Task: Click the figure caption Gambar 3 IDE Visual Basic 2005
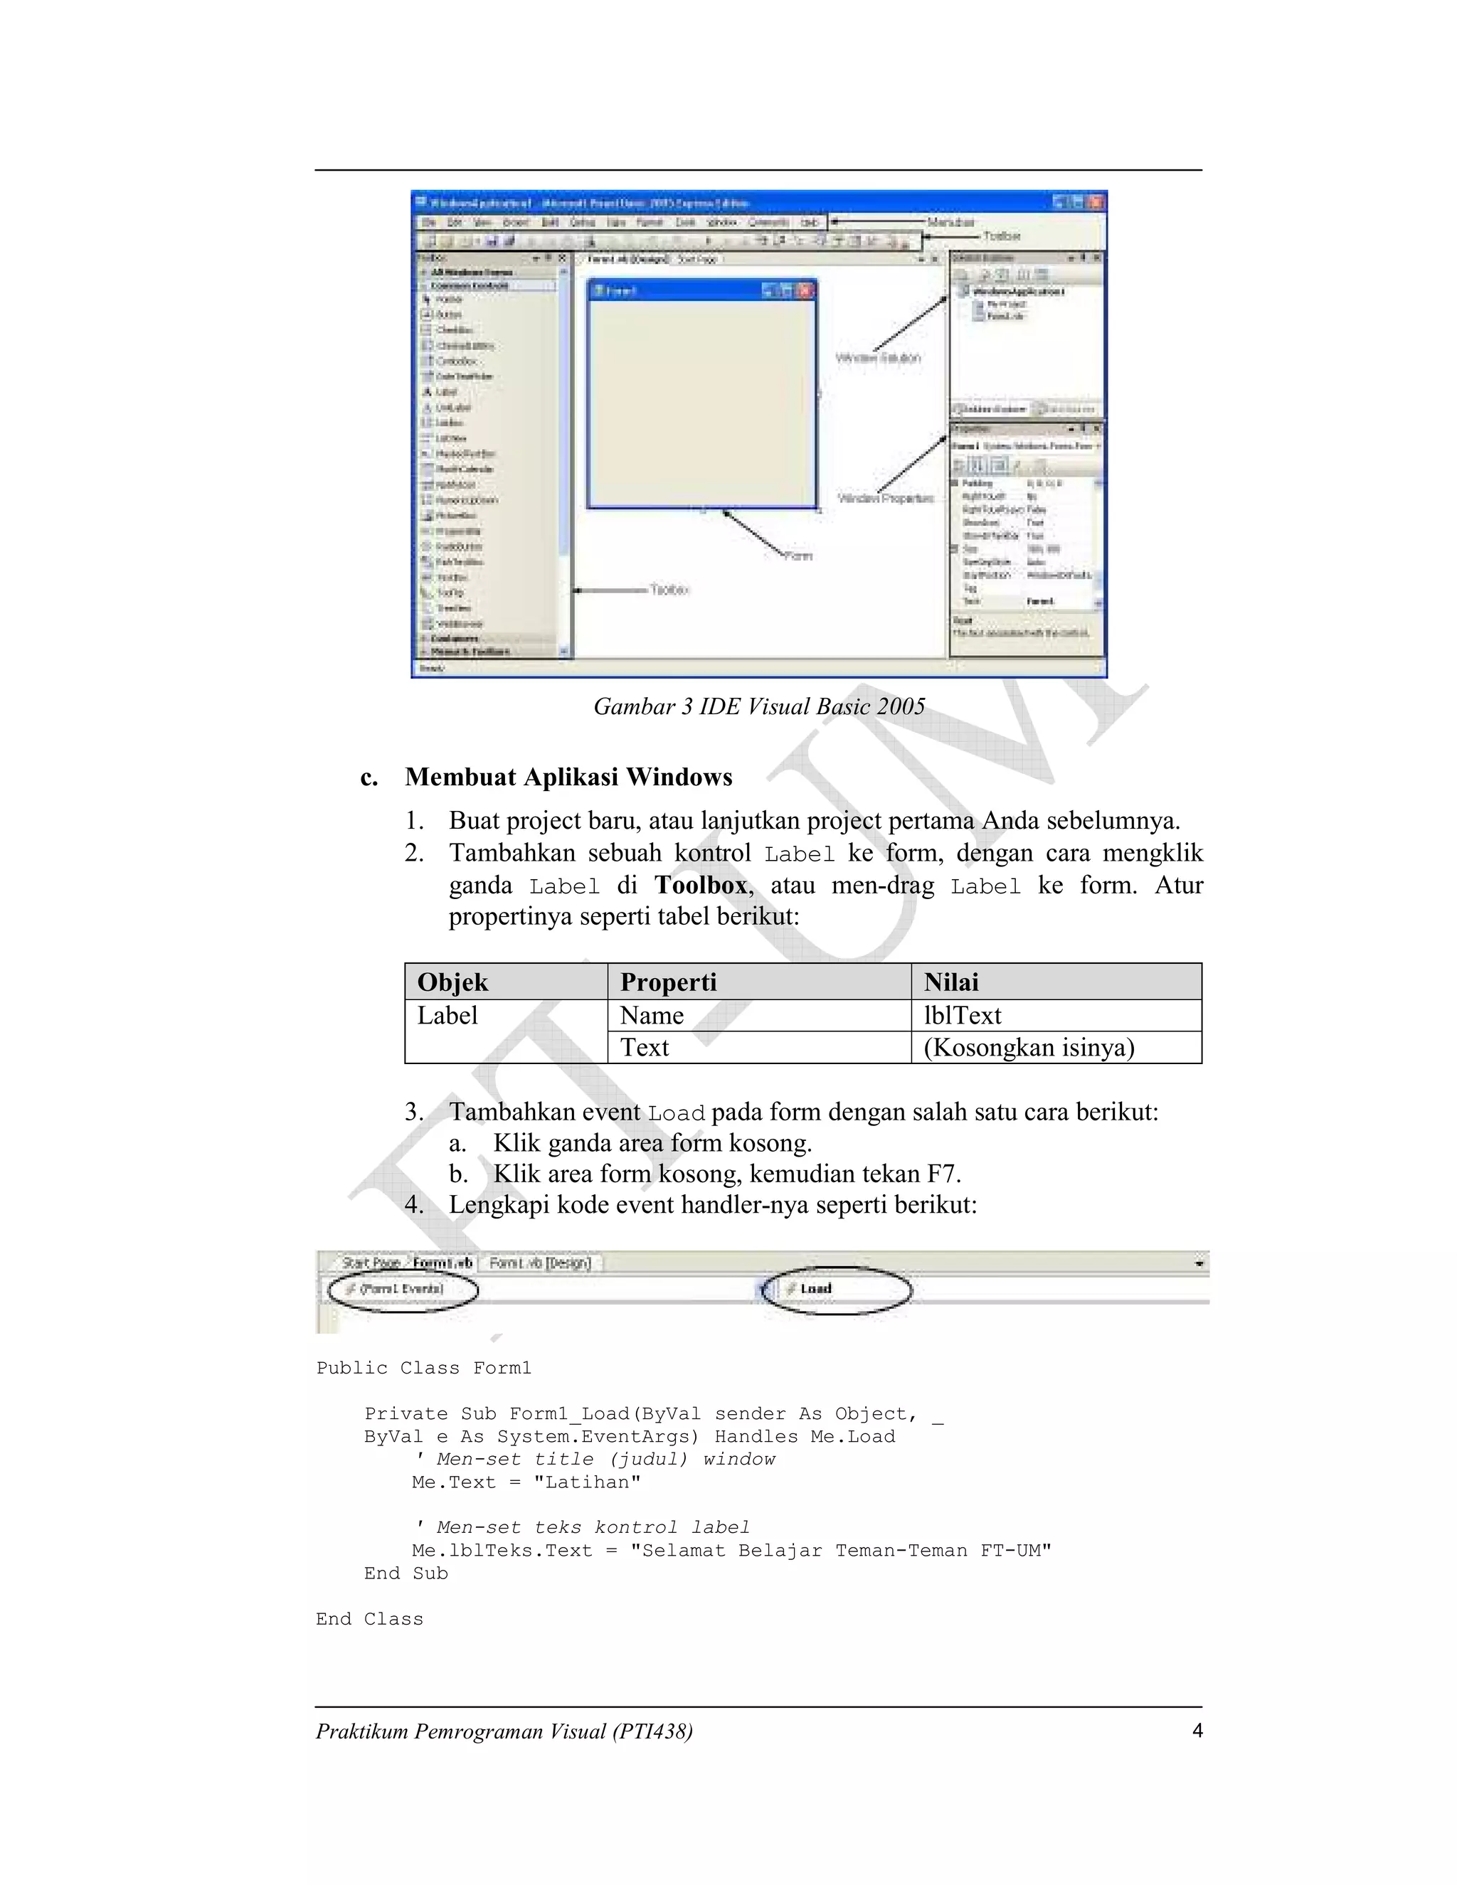pyautogui.click(x=758, y=707)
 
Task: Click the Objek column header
pyautogui.click(x=452, y=982)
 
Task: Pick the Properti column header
pyautogui.click(x=668, y=982)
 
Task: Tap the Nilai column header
pyautogui.click(x=950, y=982)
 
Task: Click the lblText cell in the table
pyautogui.click(x=963, y=1015)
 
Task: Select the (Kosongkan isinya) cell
pyautogui.click(x=1029, y=1047)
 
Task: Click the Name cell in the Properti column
pyautogui.click(x=652, y=1015)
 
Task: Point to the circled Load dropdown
pyautogui.click(x=835, y=1290)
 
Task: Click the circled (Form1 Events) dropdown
pyautogui.click(x=402, y=1289)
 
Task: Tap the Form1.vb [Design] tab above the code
pyautogui.click(x=541, y=1263)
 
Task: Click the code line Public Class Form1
pyautogui.click(x=424, y=1368)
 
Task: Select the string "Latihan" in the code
pyautogui.click(x=587, y=1483)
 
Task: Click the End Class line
pyautogui.click(x=369, y=1619)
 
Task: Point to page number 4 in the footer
pyautogui.click(x=1197, y=1731)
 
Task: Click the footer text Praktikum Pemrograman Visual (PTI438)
pyautogui.click(x=504, y=1731)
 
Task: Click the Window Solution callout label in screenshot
pyautogui.click(x=878, y=357)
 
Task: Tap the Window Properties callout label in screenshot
pyautogui.click(x=886, y=499)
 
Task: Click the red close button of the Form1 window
pyautogui.click(x=805, y=291)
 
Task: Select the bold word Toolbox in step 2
pyautogui.click(x=700, y=885)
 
